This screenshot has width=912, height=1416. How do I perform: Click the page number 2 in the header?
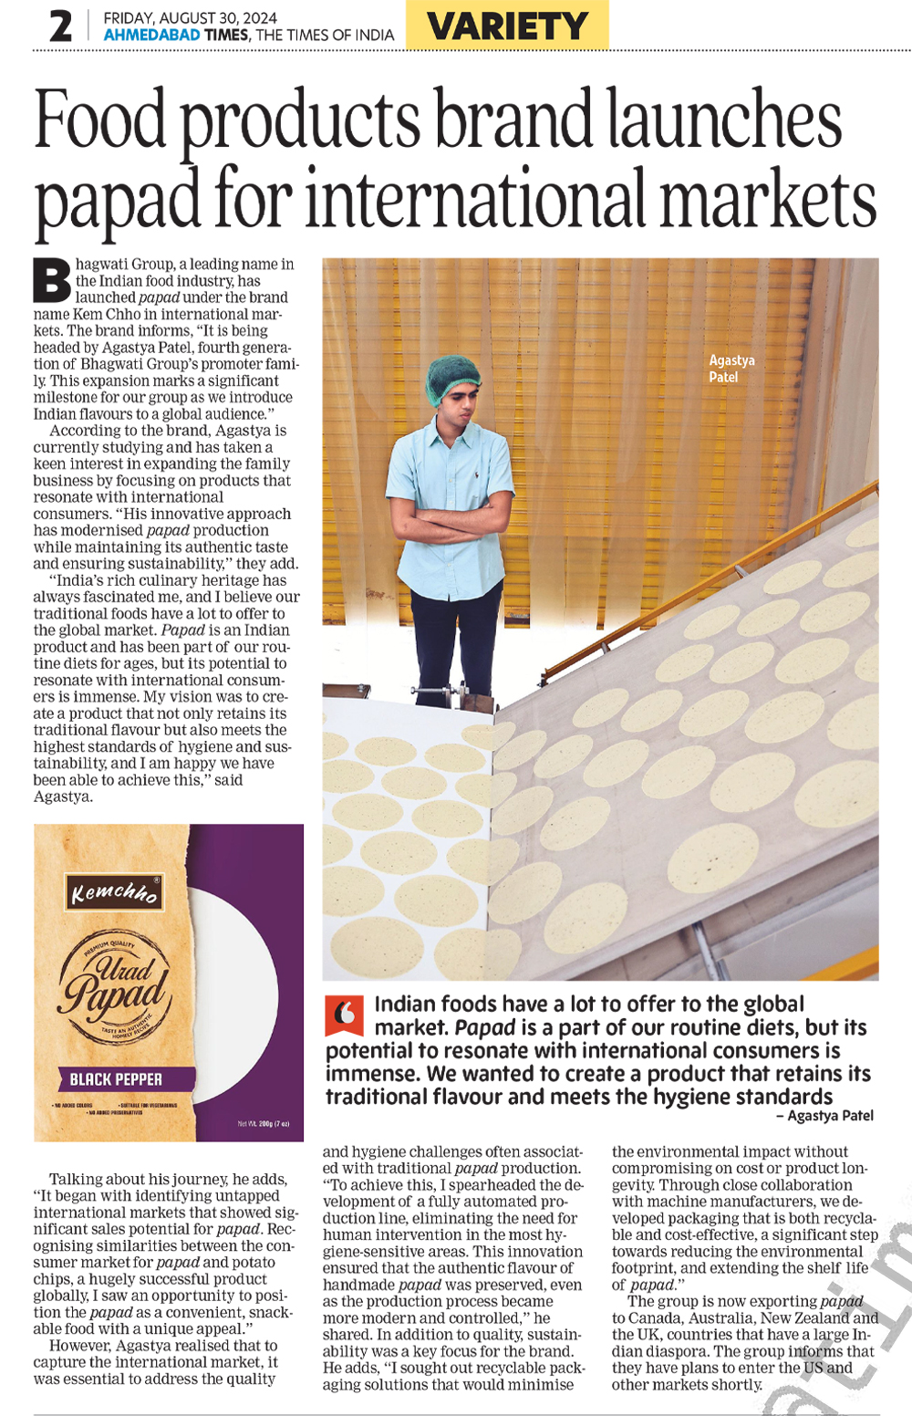[x=60, y=26]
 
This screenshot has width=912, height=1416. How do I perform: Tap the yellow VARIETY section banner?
[x=507, y=26]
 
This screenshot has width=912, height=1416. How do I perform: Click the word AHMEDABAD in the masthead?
[x=151, y=35]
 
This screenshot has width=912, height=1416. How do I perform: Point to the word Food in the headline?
[x=100, y=120]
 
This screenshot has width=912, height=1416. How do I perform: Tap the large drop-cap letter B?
[x=52, y=281]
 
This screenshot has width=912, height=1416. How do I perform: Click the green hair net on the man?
[x=453, y=377]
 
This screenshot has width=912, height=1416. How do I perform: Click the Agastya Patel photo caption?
[x=731, y=369]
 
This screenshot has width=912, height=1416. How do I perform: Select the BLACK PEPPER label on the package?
[x=116, y=1079]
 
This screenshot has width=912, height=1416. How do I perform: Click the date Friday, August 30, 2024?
[x=190, y=17]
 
